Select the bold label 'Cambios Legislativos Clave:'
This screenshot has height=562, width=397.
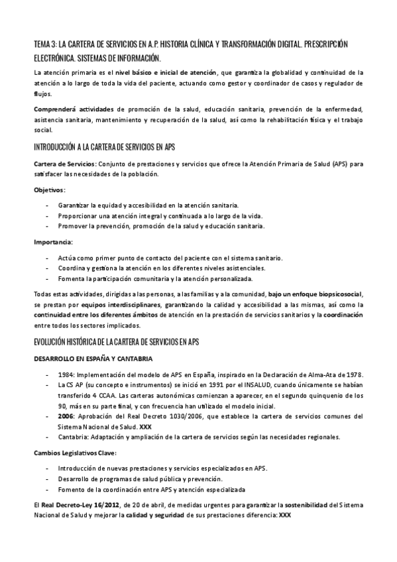click(75, 453)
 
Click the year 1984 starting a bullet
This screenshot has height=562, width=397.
click(66, 374)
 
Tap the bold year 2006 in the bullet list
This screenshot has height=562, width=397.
click(67, 416)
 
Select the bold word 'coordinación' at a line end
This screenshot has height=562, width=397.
click(343, 315)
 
